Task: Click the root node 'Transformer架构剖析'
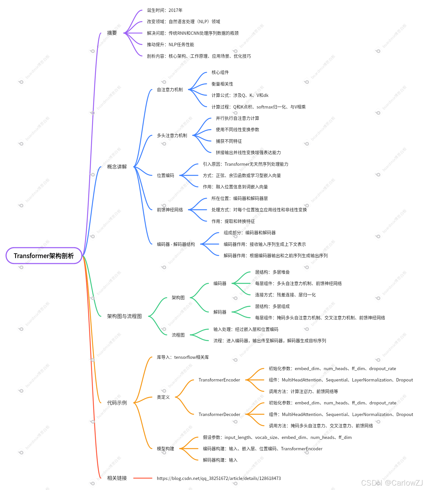[x=44, y=256]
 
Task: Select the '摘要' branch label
[x=112, y=33]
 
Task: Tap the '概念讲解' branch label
[x=117, y=167]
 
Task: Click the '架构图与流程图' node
[x=124, y=316]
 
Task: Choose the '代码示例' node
[x=117, y=403]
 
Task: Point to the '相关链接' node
[x=117, y=478]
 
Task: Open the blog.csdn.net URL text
[x=219, y=478]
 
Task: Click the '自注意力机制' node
[x=170, y=90]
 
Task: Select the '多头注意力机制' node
[x=172, y=136]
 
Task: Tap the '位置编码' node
[x=165, y=176]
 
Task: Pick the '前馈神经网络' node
[x=170, y=210]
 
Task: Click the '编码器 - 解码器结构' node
[x=176, y=244]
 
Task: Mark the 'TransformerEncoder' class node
[x=219, y=380]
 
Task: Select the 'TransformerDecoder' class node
[x=219, y=414]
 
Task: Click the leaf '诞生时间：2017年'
[x=165, y=10]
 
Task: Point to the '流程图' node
[x=178, y=335]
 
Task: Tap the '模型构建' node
[x=165, y=449]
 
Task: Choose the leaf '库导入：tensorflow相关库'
[x=183, y=357]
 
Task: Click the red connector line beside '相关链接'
[x=143, y=478]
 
